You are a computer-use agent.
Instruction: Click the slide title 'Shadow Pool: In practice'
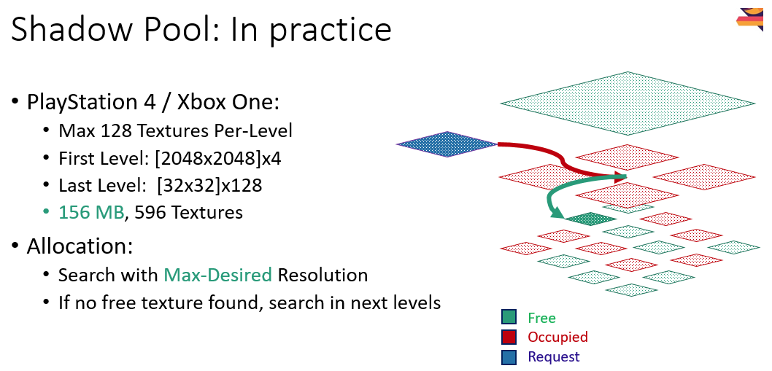click(x=201, y=30)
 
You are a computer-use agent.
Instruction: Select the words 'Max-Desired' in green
click(x=217, y=275)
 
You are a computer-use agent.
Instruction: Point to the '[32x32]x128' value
click(x=209, y=185)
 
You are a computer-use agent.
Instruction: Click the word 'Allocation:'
click(x=80, y=246)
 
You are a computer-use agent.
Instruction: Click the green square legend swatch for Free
click(x=509, y=318)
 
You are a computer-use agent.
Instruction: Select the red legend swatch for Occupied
click(x=509, y=337)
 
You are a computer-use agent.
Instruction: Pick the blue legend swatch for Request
click(x=509, y=357)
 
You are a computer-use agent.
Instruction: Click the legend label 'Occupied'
click(x=557, y=337)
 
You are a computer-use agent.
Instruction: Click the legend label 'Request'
click(x=553, y=357)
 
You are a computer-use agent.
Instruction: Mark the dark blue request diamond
click(x=447, y=144)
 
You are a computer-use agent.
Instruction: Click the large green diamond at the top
click(x=628, y=104)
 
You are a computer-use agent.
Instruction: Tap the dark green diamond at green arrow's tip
click(x=590, y=219)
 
